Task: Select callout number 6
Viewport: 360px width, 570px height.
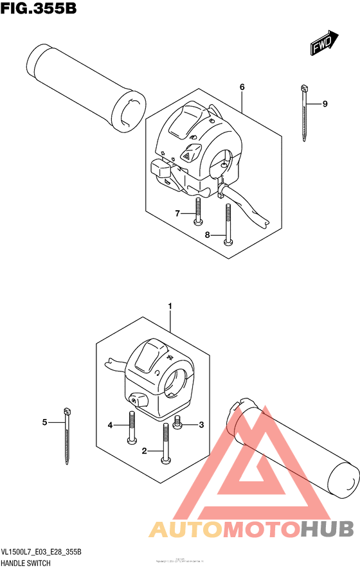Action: click(x=242, y=87)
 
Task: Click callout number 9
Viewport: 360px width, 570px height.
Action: click(x=325, y=103)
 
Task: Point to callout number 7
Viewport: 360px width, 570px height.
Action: click(x=178, y=213)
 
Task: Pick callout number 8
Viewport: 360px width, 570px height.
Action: click(x=208, y=235)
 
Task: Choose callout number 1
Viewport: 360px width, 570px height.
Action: click(x=170, y=307)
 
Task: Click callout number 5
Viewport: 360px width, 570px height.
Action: click(x=45, y=422)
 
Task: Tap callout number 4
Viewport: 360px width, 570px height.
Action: click(x=111, y=425)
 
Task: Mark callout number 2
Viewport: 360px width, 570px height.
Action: click(x=145, y=451)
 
